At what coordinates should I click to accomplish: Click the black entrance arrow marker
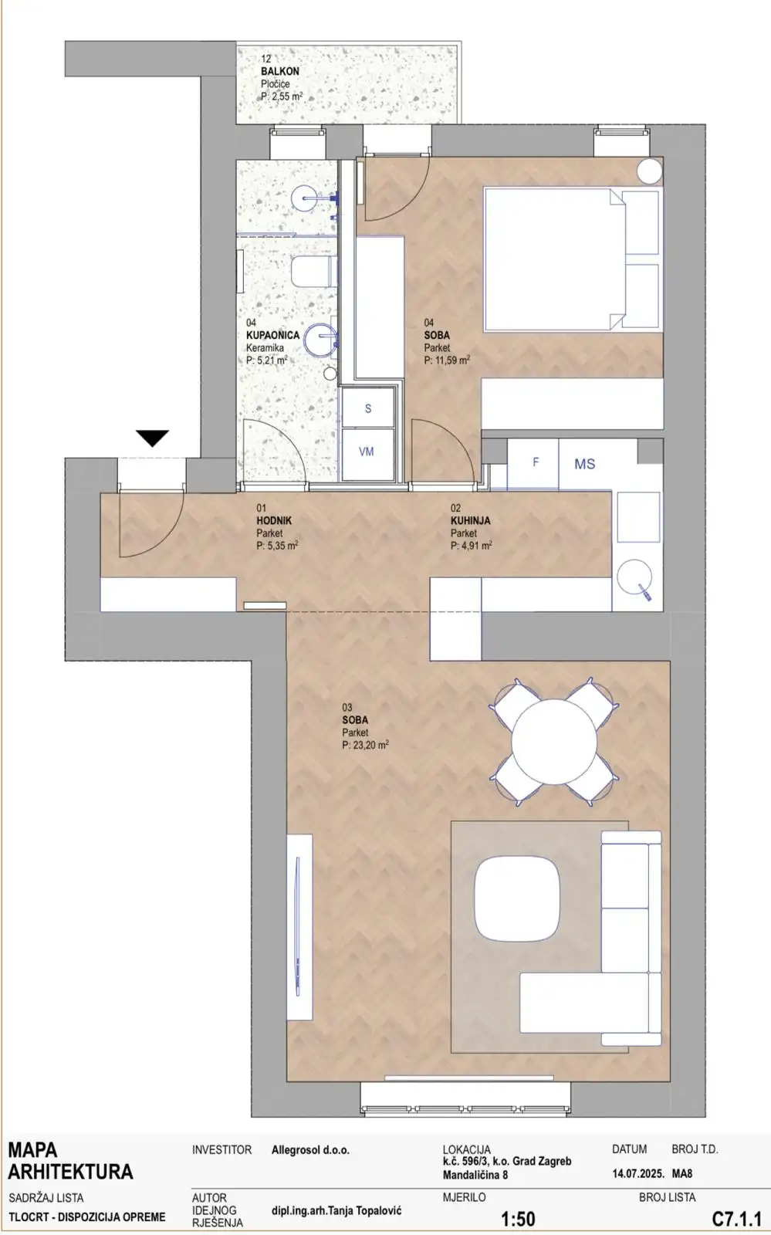[153, 438]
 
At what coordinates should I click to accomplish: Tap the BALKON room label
[280, 71]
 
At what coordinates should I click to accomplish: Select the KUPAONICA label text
[272, 335]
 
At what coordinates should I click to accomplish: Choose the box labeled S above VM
[368, 408]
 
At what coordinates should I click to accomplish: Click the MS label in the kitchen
[585, 464]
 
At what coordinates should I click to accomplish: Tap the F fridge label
[536, 462]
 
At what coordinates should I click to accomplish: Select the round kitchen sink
[634, 577]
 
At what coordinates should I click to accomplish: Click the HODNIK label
[274, 520]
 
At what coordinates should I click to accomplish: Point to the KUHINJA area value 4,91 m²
[472, 546]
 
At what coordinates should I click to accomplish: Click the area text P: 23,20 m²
[365, 745]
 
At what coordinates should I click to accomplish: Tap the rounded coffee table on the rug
[517, 898]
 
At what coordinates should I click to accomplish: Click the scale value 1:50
[518, 1219]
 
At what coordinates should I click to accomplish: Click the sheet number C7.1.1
[736, 1218]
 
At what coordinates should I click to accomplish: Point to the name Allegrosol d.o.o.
[310, 1150]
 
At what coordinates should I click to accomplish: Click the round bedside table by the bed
[649, 171]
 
